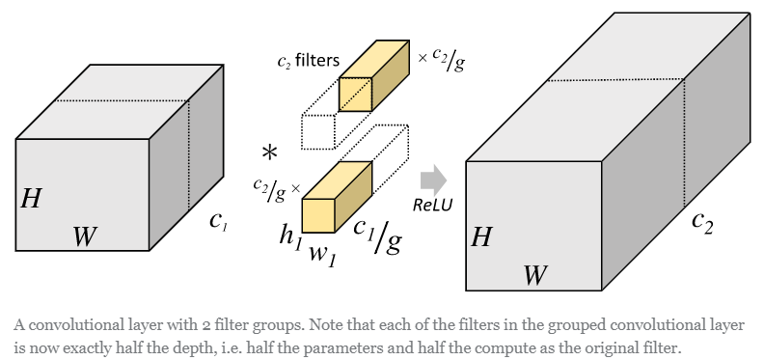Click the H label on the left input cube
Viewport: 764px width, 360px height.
tap(31, 200)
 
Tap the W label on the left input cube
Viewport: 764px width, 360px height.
tap(85, 235)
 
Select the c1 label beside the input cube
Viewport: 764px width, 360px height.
tap(218, 220)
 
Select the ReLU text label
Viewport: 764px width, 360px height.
tap(432, 205)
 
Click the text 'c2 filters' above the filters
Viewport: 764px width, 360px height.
tap(308, 61)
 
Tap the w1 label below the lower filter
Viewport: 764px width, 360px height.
tap(321, 255)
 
